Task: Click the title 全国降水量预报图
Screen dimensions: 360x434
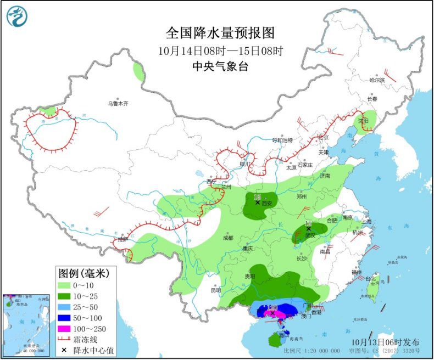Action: click(219, 34)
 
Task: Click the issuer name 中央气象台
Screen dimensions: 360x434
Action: click(219, 67)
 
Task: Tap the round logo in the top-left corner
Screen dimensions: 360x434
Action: click(17, 16)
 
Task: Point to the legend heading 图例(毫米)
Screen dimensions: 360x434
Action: click(85, 273)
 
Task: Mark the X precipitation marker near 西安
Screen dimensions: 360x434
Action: click(257, 203)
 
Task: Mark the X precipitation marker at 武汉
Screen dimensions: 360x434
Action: click(309, 229)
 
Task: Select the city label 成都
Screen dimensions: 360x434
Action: click(227, 238)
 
